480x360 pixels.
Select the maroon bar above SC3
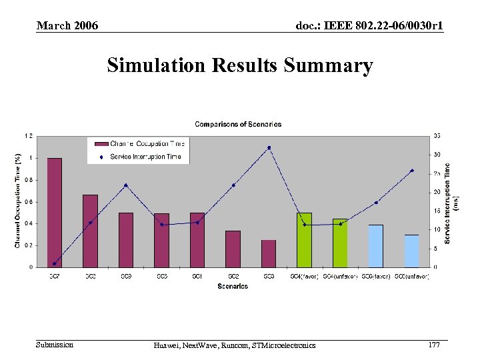coord(269,253)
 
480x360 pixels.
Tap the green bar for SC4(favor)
coord(304,239)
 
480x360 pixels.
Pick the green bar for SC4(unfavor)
coord(340,243)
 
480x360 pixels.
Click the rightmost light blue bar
coord(411,251)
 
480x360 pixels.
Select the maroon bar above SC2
coord(233,249)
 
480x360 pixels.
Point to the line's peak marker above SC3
coord(269,148)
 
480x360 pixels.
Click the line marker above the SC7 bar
coord(55,263)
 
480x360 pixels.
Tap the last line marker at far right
coord(412,171)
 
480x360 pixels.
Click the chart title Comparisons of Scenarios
coord(238,124)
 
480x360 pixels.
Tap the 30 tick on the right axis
coord(437,155)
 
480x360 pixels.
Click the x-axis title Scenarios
coord(233,287)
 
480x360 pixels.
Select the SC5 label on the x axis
coord(161,276)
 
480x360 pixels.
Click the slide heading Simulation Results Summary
coord(240,66)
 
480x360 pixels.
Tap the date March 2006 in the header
coord(67,26)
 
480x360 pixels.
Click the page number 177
coord(434,345)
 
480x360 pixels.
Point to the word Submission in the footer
coord(55,345)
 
